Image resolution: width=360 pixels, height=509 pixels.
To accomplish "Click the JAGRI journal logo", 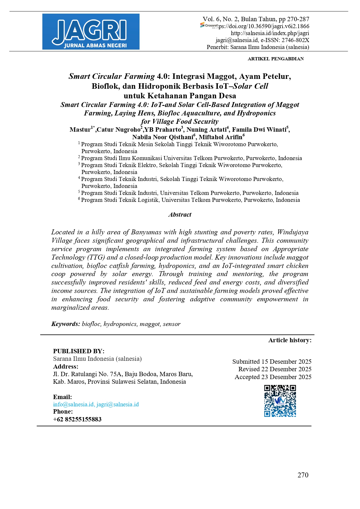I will (x=91, y=32).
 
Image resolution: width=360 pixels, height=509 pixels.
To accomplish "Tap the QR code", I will (x=280, y=401).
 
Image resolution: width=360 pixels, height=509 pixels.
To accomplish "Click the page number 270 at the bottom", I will (x=303, y=475).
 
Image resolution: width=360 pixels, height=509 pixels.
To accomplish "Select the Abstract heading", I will (x=180, y=215).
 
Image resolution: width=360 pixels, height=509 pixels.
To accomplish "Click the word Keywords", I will (x=66, y=324).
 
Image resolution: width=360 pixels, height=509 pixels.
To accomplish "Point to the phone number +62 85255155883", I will (x=77, y=419).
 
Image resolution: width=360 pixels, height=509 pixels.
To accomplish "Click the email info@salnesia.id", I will (x=73, y=404).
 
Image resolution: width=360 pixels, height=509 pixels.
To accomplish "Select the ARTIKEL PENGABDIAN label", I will (x=276, y=59).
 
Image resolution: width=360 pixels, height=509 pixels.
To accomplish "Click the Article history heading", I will (x=290, y=340).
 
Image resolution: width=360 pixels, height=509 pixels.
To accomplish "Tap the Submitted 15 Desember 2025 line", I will (x=272, y=362).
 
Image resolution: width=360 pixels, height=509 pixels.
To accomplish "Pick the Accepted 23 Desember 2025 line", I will (x=273, y=377).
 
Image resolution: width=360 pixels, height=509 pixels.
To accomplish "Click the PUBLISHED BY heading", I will (x=79, y=351).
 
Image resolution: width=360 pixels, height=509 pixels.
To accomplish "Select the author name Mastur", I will (x=80, y=130).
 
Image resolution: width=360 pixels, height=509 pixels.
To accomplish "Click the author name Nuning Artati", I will (x=206, y=130).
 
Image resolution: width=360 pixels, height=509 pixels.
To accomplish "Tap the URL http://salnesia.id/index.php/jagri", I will (x=270, y=33).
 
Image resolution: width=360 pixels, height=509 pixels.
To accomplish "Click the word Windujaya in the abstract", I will (x=293, y=232).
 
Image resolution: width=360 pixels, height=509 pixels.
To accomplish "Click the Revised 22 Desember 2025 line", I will (x=275, y=369).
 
